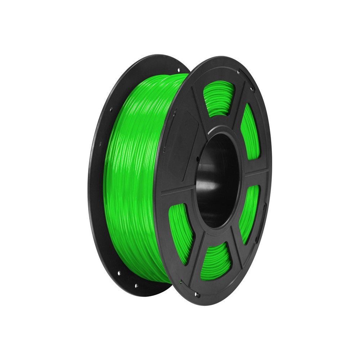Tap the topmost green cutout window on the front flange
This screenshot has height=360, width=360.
(x=219, y=97)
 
